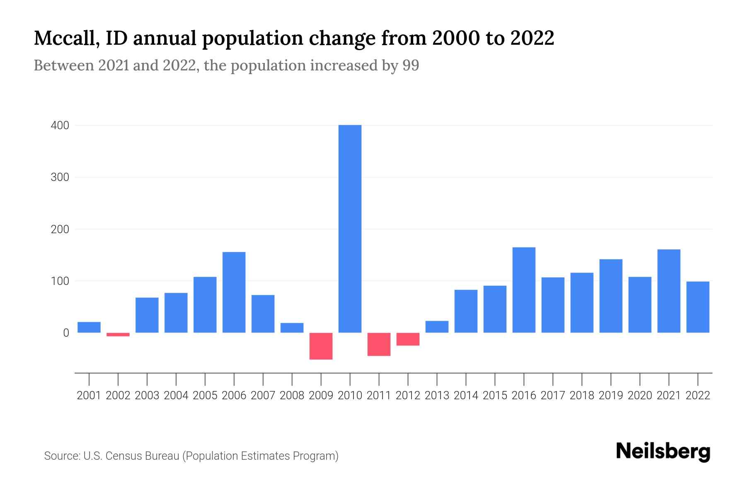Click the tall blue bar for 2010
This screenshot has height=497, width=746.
[350, 229]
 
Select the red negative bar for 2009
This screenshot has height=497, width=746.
[321, 346]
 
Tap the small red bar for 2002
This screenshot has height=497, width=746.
[118, 334]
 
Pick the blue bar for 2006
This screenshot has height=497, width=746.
[234, 292]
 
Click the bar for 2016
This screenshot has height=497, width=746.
[524, 290]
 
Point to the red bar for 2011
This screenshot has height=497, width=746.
[379, 344]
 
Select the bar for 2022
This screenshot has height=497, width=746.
[698, 307]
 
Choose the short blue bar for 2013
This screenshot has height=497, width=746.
[437, 327]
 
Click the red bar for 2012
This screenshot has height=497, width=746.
[408, 339]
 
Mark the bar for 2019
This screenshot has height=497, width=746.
[611, 296]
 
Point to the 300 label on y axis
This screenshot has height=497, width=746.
[60, 177]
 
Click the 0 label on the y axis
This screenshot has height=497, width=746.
[66, 333]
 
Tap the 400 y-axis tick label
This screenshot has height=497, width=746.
[60, 125]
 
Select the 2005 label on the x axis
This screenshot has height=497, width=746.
[205, 396]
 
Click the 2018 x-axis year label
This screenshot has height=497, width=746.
[582, 396]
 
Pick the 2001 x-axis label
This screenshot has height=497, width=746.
[89, 396]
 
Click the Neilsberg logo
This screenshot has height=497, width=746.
[663, 452]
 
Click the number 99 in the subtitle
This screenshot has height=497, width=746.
[411, 65]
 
